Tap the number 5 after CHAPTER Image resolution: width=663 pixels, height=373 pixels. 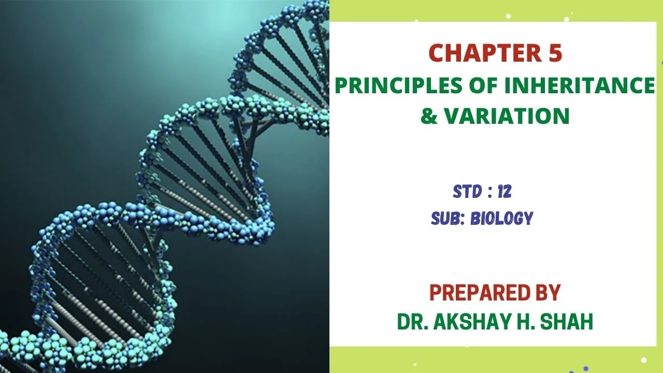coord(555,53)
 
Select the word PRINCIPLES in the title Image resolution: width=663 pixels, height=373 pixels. coord(399,85)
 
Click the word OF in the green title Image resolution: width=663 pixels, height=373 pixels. coord(484,85)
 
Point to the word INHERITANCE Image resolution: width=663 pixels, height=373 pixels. coord(580,85)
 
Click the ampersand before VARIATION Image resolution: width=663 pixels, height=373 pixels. coord(429,116)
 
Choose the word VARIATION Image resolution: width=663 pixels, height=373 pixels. coord(507,116)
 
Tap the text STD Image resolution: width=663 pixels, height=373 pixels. coord(467,192)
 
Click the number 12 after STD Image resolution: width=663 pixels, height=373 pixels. coord(505,192)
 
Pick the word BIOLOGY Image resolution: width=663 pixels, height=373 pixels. coord(502,219)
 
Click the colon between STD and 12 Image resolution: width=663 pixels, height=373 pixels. coord(490,192)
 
